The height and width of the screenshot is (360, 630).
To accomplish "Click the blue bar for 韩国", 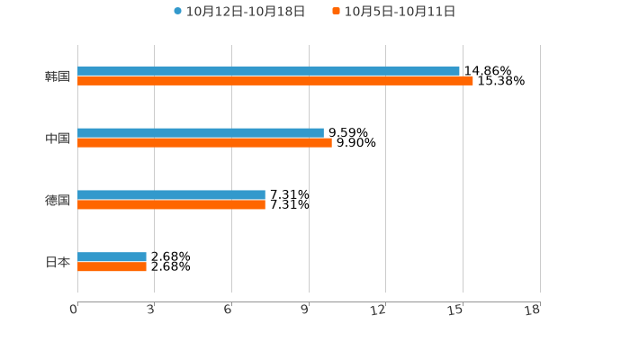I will click(268, 70).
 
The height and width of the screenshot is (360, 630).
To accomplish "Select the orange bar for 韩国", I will click(275, 81).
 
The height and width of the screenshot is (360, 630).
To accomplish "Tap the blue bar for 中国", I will click(201, 132).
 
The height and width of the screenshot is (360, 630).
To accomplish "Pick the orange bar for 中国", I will click(204, 143).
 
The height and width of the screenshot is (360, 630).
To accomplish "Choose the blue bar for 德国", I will click(171, 194).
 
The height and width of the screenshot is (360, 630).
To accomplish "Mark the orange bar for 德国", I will click(171, 205).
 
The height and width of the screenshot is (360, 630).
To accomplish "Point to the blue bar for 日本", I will click(112, 256).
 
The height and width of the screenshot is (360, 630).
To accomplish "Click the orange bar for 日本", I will click(112, 267).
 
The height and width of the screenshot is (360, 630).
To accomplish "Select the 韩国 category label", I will click(58, 76).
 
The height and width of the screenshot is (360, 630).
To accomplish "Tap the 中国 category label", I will click(58, 139).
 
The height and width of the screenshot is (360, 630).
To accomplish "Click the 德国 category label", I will click(58, 201).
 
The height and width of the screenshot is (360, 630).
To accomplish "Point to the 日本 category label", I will click(58, 263).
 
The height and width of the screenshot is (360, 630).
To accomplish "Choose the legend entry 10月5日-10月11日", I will click(400, 12).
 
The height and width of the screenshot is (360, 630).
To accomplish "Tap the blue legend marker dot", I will click(177, 12).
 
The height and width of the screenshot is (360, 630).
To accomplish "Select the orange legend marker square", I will click(337, 12).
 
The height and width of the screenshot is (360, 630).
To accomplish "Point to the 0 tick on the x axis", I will click(74, 310).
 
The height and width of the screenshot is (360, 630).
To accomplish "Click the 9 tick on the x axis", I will click(305, 310).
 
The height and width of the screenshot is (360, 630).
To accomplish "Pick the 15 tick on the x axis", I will click(456, 310).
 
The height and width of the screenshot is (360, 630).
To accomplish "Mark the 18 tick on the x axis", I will click(533, 310).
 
